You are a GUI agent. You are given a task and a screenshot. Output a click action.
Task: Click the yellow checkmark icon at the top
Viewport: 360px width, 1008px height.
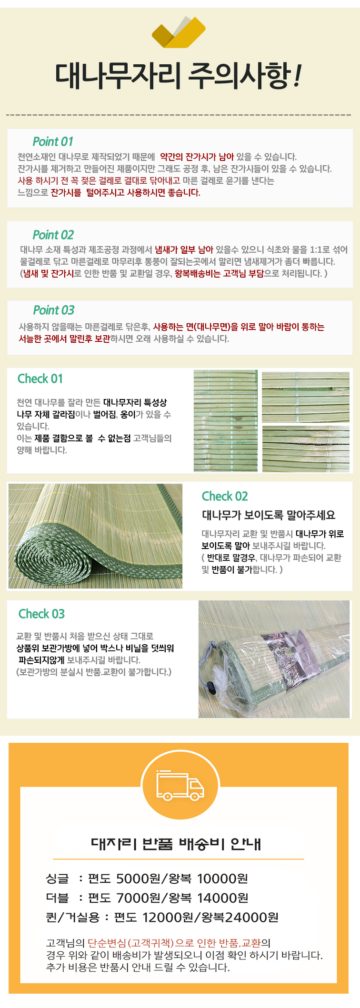[179, 32]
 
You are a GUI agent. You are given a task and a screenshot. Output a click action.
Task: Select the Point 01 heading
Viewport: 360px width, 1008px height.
[53, 141]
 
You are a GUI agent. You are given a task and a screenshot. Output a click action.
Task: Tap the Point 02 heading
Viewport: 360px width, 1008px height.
[53, 235]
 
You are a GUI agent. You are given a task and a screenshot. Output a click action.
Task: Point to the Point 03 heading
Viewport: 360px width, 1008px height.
[54, 310]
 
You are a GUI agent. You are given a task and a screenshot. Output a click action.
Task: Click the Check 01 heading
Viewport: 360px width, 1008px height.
[40, 379]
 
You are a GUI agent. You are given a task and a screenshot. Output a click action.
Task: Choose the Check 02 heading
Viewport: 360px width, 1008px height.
[225, 496]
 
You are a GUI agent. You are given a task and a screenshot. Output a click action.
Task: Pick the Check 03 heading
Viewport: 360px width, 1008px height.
[41, 614]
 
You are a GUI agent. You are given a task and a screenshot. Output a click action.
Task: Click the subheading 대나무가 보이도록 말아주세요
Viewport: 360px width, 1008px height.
[269, 515]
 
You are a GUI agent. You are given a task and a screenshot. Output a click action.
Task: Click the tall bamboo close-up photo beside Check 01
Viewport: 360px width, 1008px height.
[226, 421]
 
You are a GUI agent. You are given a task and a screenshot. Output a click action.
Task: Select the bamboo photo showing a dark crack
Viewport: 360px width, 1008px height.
[306, 449]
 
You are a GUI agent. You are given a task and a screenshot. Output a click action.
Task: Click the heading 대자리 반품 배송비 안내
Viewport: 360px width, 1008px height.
[176, 843]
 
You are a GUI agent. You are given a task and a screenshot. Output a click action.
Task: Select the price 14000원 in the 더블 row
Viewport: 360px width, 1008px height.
[223, 898]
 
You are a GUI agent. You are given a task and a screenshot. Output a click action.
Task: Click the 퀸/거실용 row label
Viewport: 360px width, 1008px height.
[72, 918]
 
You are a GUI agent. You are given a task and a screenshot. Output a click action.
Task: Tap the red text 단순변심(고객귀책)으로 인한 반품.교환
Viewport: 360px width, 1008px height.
[174, 943]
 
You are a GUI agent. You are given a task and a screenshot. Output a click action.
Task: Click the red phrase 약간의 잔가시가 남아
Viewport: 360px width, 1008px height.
[197, 157]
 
